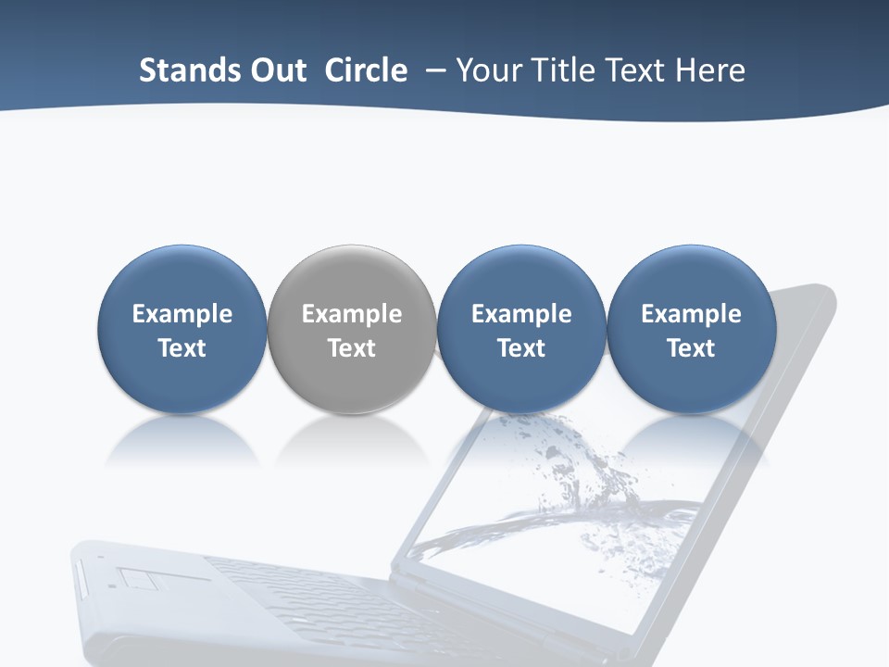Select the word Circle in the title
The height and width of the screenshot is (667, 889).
366,70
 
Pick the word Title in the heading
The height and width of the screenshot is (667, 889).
563,70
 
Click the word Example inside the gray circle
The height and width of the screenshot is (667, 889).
352,314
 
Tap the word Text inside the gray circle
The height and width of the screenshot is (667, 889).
352,348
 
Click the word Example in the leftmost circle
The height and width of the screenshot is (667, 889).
182,314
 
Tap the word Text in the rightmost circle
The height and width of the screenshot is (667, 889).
691,348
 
